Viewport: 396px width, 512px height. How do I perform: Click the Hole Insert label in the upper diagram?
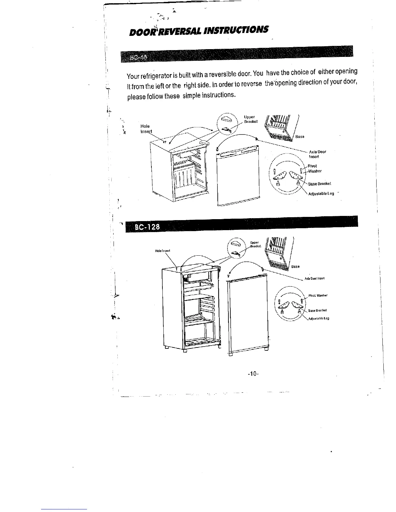click(x=146, y=129)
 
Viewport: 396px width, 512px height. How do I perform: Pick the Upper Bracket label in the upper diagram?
click(x=251, y=119)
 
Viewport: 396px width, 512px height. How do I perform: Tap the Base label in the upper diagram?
click(x=300, y=137)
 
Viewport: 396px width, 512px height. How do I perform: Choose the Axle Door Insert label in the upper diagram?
click(x=317, y=154)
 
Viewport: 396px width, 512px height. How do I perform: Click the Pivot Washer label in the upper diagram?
click(x=314, y=169)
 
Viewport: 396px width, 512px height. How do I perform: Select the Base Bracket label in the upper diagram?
click(x=319, y=184)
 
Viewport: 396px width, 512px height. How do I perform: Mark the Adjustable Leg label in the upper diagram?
click(x=321, y=194)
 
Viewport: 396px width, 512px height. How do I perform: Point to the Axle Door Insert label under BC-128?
click(x=315, y=278)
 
